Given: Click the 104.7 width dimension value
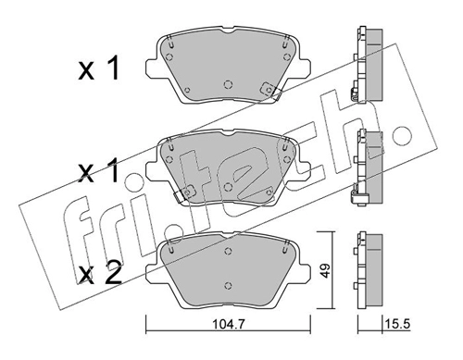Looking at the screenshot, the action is pos(228,324).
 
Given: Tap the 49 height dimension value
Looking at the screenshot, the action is pos(325,270).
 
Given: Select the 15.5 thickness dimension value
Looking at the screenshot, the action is pos(397,324).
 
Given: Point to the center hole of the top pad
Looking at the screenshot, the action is pos(228,84).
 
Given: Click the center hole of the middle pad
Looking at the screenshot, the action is pos(228,187).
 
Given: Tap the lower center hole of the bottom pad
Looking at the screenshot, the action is pos(228,285).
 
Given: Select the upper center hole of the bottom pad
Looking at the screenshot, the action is pos(228,251).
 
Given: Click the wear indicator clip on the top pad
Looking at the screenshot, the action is pos(269,91).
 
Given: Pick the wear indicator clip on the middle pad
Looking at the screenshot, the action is pos(185,193).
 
